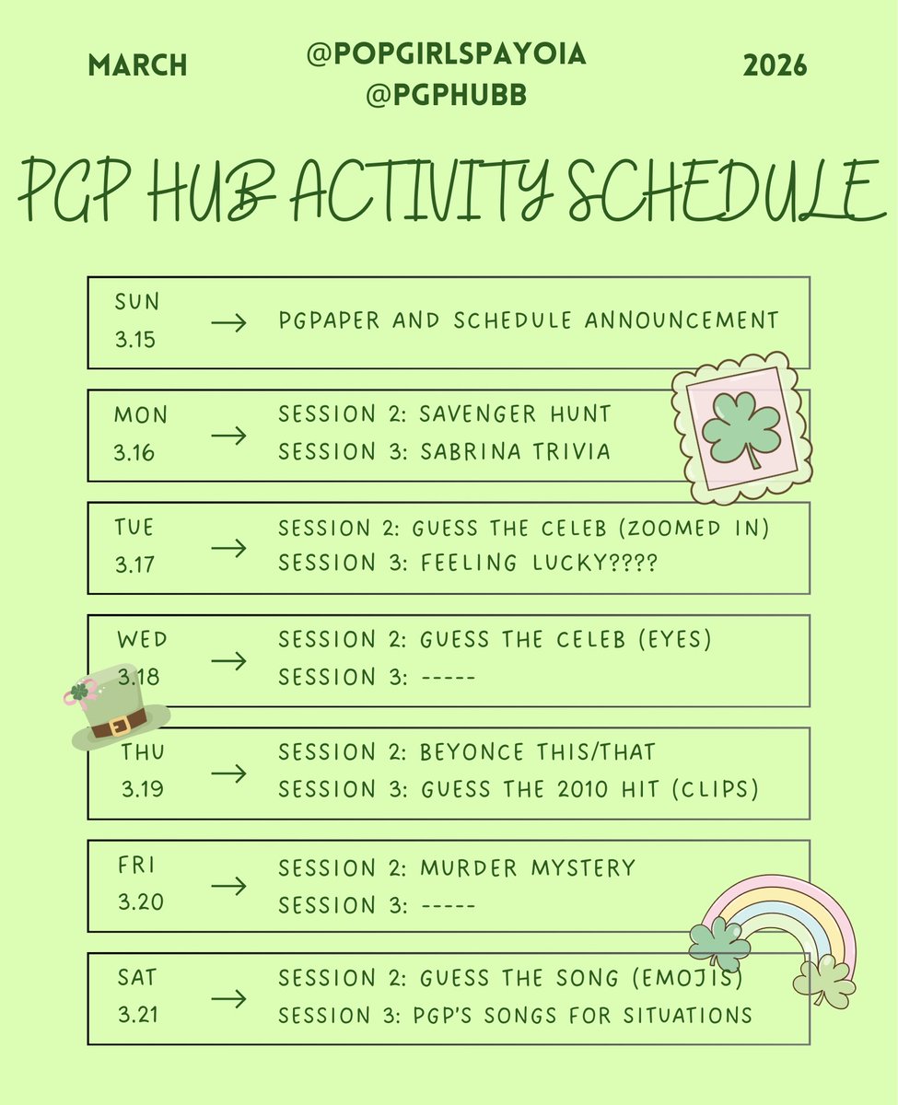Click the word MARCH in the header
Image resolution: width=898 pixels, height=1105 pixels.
point(137,65)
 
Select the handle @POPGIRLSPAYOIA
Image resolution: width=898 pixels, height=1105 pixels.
point(447,54)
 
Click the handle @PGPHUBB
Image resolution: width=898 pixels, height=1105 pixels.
point(447,95)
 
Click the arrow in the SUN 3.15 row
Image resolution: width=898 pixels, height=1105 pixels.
point(228,322)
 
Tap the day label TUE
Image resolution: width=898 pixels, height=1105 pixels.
point(134,528)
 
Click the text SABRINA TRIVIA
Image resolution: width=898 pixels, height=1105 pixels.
point(515,451)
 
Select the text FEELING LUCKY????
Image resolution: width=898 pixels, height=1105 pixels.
point(538,564)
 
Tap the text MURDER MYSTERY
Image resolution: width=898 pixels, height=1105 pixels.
point(528,867)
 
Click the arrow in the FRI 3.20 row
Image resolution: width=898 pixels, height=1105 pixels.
point(228,886)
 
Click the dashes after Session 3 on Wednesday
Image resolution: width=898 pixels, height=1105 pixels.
point(447,678)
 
